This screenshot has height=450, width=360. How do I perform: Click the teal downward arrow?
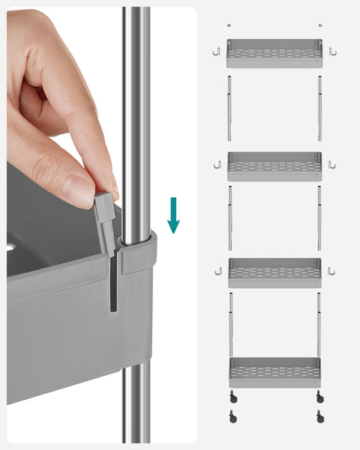click(173, 214)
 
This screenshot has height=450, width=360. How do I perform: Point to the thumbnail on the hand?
click(78, 191)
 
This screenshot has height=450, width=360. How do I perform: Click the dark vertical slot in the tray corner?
click(113, 285)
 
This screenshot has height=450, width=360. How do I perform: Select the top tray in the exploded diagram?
click(274, 54)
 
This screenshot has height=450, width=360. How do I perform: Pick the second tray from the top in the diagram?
click(274, 166)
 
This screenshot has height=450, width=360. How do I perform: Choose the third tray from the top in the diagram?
click(274, 272)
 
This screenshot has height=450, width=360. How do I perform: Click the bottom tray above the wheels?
click(274, 372)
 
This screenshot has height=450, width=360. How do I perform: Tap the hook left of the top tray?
click(214, 52)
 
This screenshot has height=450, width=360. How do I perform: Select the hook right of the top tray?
click(332, 52)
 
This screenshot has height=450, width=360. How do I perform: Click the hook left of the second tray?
click(217, 164)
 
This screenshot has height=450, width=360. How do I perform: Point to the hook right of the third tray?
click(331, 271)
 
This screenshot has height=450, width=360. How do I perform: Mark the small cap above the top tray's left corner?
click(229, 25)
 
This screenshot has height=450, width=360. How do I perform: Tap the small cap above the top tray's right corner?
click(319, 25)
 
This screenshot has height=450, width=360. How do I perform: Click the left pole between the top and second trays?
click(229, 108)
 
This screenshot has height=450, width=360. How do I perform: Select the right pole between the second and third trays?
click(319, 217)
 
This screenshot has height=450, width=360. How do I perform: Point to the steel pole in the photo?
click(136, 112)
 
